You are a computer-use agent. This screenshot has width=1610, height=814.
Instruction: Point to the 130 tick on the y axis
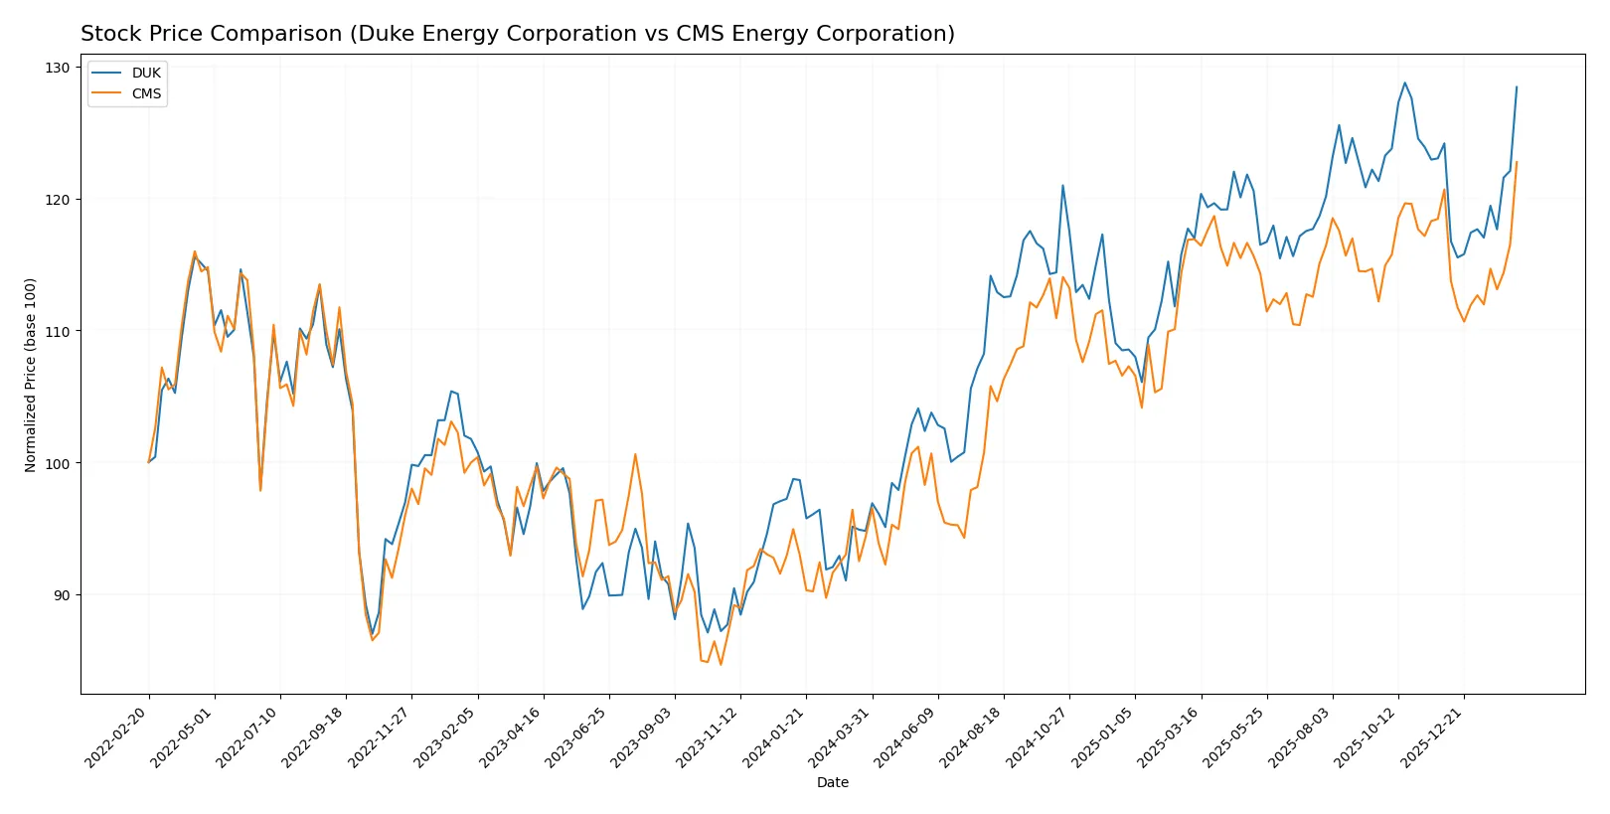pos(58,68)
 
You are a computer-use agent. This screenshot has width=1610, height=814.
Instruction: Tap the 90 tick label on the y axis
pos(58,595)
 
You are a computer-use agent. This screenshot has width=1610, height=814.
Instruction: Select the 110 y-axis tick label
pos(58,331)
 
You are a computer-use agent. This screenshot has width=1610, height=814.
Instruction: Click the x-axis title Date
pos(832,783)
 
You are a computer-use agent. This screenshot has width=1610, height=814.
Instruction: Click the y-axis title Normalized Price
pos(31,375)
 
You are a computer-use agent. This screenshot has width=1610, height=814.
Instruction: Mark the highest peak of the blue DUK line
pos(1404,82)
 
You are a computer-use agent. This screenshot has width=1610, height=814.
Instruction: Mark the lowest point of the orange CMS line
pos(721,664)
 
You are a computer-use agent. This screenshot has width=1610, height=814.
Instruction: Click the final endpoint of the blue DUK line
pos(1517,86)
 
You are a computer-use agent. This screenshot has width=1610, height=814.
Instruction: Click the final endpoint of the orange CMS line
pos(1517,162)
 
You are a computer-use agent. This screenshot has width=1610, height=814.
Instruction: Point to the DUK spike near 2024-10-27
pos(1062,185)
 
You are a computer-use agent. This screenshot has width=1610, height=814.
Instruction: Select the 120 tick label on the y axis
pos(58,200)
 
